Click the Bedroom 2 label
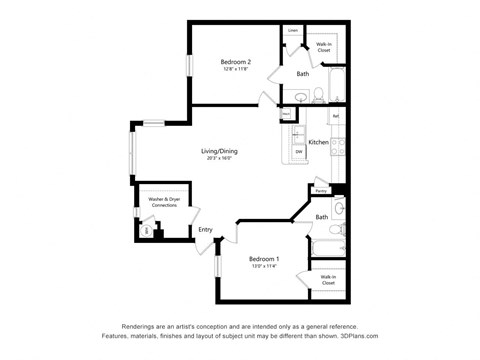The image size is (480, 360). point(235,62)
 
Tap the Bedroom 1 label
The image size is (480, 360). point(263,258)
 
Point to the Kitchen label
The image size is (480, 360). point(318,143)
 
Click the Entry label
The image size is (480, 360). point(205,230)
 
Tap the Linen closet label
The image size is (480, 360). point(293,31)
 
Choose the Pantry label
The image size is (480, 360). point(321,191)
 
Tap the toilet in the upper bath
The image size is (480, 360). point(317,96)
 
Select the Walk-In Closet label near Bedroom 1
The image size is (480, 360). point(327,279)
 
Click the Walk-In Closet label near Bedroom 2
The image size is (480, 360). point(324,46)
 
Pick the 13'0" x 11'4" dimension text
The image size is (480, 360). point(263,266)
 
